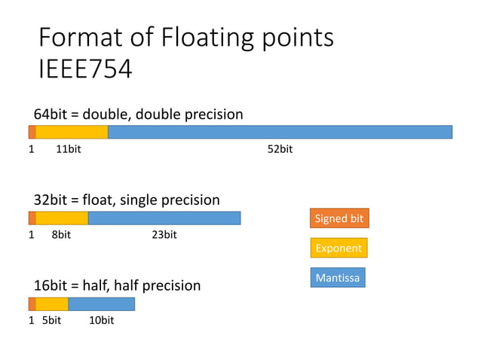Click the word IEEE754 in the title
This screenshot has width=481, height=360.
[85, 69]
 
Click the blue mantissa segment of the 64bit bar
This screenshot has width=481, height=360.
[280, 132]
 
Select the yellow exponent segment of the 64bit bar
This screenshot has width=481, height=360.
[72, 132]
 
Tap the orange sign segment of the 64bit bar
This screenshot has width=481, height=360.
[32, 132]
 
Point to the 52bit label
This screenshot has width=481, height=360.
[280, 149]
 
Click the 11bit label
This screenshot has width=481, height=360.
[69, 149]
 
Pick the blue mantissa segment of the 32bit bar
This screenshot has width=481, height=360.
[164, 218]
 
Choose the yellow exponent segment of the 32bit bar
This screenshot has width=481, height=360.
[62, 218]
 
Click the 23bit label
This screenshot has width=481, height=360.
[164, 235]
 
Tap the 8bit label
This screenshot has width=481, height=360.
[61, 235]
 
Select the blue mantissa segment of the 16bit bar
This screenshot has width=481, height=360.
[101, 304]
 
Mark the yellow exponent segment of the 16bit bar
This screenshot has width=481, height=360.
[52, 304]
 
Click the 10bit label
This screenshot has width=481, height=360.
[101, 321]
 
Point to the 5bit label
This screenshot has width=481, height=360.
[51, 321]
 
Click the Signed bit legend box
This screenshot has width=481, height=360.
[339, 218]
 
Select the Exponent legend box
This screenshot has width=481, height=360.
[339, 248]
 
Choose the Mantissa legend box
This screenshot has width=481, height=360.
[338, 278]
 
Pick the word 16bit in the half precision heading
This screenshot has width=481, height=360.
[51, 286]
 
